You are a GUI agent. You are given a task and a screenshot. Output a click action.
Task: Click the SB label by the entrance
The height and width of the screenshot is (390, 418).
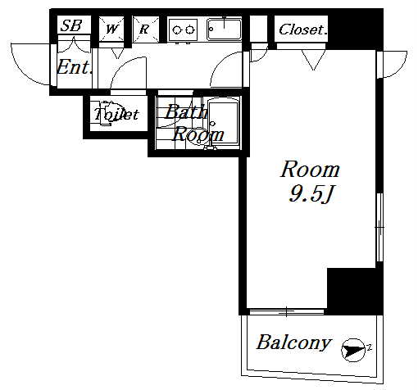click(71, 25)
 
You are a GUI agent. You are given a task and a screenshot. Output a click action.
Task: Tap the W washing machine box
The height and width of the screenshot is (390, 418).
click(111, 29)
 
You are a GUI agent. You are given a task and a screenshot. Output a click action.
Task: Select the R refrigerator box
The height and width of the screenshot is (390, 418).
click(146, 29)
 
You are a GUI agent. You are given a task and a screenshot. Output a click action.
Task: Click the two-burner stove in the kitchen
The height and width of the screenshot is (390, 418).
click(182, 29)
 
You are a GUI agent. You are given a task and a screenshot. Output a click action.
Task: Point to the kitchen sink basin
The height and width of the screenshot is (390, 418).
click(225, 29)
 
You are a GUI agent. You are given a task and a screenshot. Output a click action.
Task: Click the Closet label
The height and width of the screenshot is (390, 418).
click(302, 29)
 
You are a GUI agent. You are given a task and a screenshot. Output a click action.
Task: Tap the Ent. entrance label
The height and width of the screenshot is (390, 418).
click(74, 67)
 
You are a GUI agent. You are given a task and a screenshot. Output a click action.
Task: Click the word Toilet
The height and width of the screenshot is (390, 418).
click(116, 114)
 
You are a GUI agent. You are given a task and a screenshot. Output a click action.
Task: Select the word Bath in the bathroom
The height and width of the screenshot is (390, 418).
click(186, 111)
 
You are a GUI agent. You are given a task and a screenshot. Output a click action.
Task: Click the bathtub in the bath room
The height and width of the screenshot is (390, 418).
click(224, 123)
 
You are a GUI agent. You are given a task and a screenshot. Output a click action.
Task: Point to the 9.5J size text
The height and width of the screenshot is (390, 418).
click(311, 193)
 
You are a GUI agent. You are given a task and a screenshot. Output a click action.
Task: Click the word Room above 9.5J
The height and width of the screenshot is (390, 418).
click(311, 170)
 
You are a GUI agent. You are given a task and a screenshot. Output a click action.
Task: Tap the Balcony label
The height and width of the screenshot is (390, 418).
click(293, 342)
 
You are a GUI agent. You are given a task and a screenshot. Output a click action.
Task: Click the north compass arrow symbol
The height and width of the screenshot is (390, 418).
click(353, 350)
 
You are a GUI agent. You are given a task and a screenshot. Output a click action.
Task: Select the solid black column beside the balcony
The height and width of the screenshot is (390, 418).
click(355, 292)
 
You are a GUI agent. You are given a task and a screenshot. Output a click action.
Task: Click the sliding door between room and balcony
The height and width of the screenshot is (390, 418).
click(287, 311)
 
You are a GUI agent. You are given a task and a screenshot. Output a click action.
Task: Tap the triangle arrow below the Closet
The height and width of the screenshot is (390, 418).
click(313, 60)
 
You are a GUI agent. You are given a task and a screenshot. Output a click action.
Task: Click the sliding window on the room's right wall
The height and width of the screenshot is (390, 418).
click(379, 227)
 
